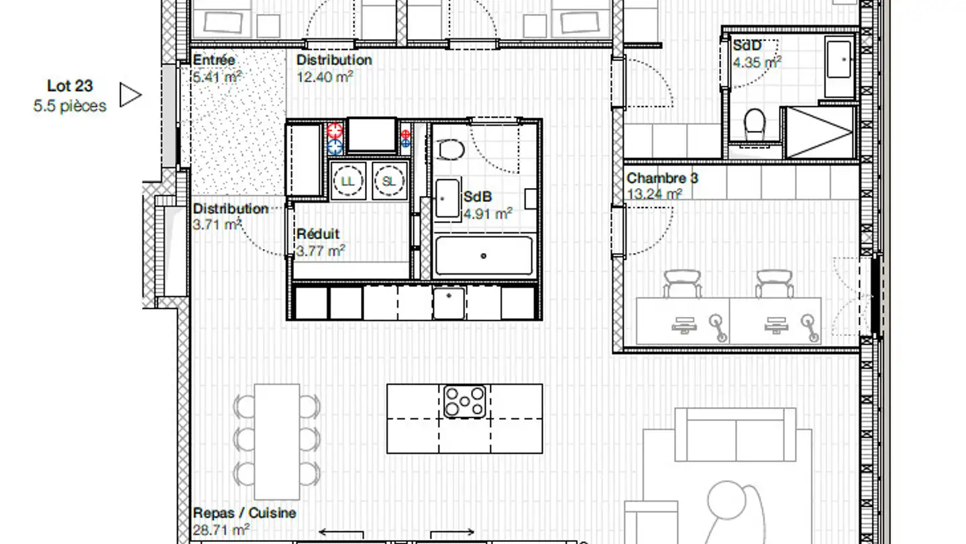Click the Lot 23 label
click(70, 86)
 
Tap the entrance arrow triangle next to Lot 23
click(130, 95)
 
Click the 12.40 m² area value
click(325, 77)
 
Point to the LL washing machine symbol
click(347, 181)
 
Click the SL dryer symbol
click(389, 181)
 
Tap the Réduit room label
click(318, 234)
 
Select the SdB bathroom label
click(478, 197)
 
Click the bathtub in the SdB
click(484, 255)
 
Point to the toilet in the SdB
click(449, 148)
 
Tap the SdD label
click(747, 46)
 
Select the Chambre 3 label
click(661, 179)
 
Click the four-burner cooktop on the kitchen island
click(464, 401)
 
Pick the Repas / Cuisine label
click(244, 513)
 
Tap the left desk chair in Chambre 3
click(682, 282)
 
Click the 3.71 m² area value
click(217, 225)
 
